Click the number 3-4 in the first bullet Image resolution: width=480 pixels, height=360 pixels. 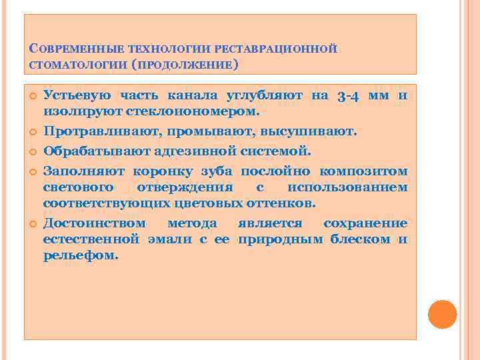click(349, 96)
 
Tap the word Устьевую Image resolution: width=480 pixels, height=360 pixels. click(75, 96)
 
